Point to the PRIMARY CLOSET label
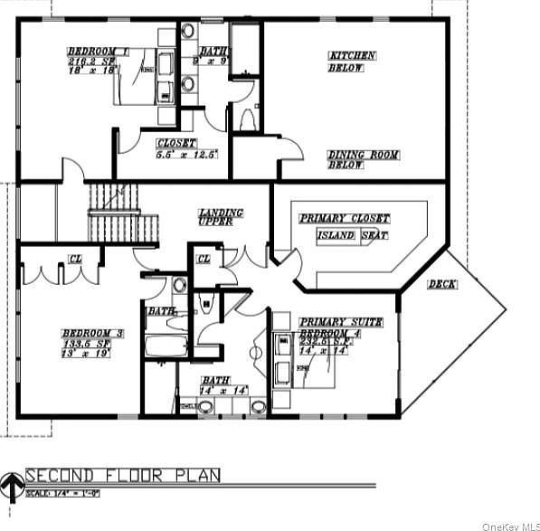pos(345,219)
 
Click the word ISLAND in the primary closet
pos(335,235)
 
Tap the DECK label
pos(443,285)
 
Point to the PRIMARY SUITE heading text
pos(341,322)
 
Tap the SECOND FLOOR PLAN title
pos(122,476)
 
